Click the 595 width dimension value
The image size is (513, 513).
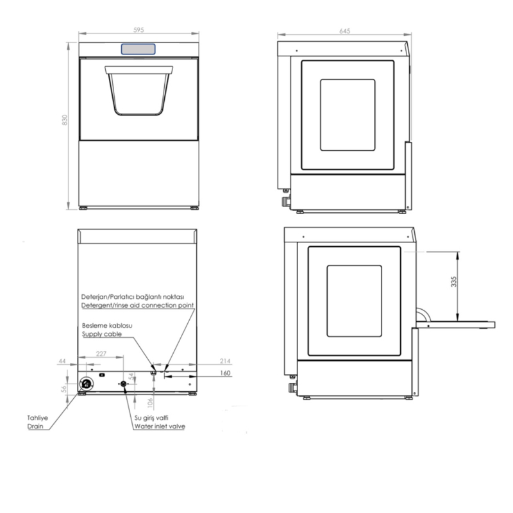tap(139, 29)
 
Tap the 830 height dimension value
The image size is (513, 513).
tap(65, 120)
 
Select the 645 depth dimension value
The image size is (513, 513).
tap(345, 31)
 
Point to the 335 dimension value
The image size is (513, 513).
tap(453, 282)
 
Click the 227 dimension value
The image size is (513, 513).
tap(101, 354)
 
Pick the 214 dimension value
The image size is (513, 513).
tap(225, 361)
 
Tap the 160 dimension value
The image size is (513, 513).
tap(225, 373)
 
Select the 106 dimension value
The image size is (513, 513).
tap(150, 403)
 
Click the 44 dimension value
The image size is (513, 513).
tap(62, 361)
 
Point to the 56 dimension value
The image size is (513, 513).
tap(64, 389)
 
